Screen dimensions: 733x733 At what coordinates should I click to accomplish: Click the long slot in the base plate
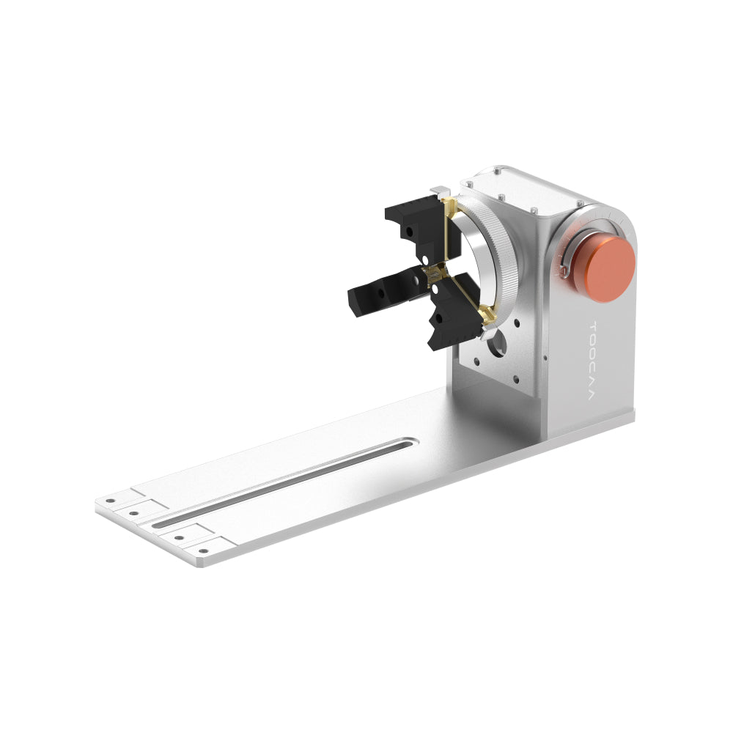pyautogui.click(x=286, y=480)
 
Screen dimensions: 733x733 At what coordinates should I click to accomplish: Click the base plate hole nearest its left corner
pyautogui.click(x=110, y=501)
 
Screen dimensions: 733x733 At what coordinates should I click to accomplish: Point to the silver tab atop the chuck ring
pyautogui.click(x=439, y=191)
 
